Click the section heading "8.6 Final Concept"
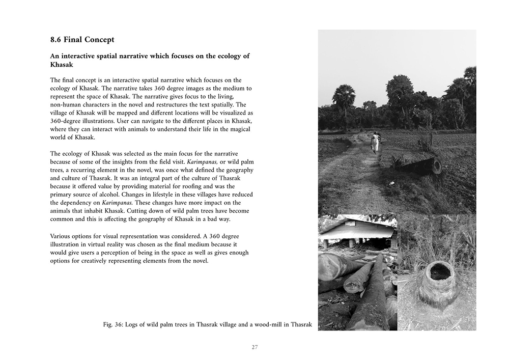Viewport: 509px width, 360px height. (x=82, y=39)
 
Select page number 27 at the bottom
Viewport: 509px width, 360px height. (x=254, y=347)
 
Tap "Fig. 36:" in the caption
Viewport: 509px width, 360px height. (x=114, y=324)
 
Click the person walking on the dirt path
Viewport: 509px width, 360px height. (x=375, y=143)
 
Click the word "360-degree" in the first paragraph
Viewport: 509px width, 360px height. (x=68, y=121)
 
